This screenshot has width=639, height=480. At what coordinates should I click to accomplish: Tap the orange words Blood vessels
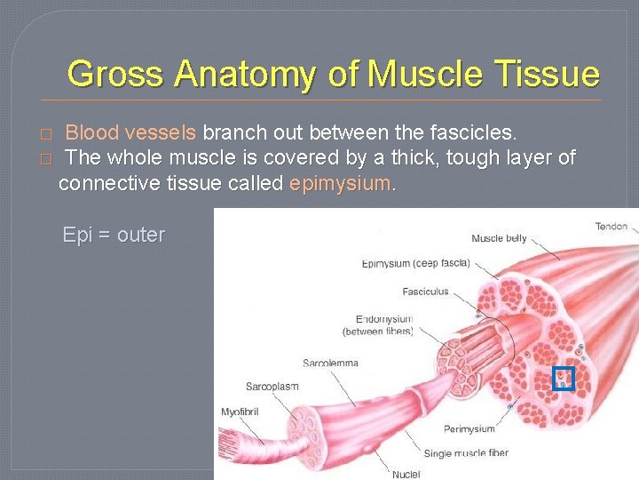pyautogui.click(x=131, y=133)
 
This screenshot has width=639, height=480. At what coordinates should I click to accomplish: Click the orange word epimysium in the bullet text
pyautogui.click(x=340, y=184)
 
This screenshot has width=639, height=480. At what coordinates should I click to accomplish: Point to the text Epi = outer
pyautogui.click(x=114, y=236)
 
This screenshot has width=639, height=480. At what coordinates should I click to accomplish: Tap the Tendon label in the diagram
pyautogui.click(x=611, y=227)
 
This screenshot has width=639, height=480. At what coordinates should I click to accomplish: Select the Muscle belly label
pyautogui.click(x=499, y=238)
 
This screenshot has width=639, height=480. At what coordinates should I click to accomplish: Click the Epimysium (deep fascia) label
pyautogui.click(x=415, y=263)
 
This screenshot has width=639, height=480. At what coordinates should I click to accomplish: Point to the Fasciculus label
pyautogui.click(x=425, y=292)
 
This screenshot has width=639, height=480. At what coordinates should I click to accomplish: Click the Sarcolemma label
pyautogui.click(x=329, y=363)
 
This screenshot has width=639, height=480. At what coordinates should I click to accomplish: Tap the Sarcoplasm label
pyautogui.click(x=272, y=387)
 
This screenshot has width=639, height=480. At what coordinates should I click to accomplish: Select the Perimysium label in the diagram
pyautogui.click(x=469, y=429)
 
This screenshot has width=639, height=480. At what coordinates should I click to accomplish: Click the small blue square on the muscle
pyautogui.click(x=564, y=380)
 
